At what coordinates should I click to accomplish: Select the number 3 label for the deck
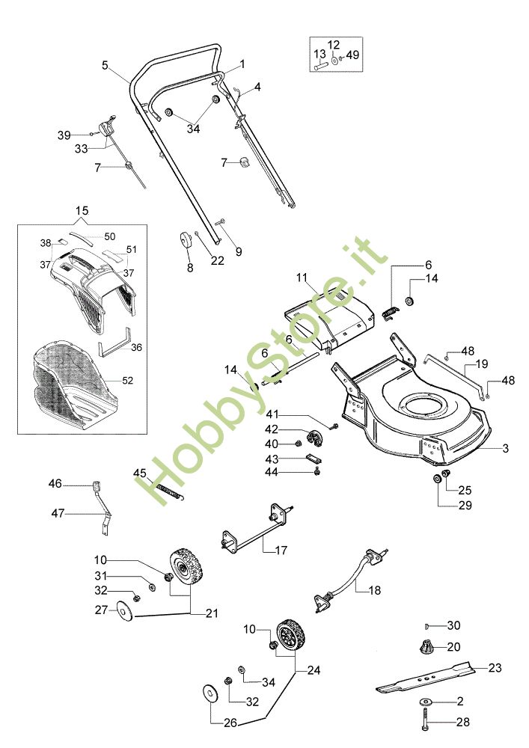[506, 448]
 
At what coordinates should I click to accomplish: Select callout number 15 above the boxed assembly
[82, 210]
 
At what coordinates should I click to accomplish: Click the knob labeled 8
[183, 239]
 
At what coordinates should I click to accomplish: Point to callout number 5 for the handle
[105, 65]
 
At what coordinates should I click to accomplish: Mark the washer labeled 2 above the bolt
[424, 702]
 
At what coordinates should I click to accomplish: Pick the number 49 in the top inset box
[352, 55]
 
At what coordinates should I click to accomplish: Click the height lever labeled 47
[103, 509]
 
